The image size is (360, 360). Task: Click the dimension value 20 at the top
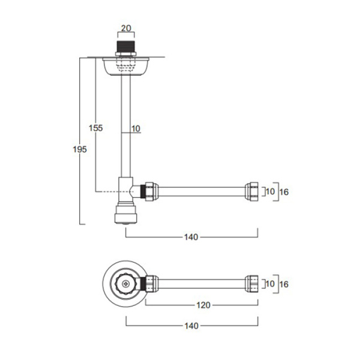click(x=126, y=28)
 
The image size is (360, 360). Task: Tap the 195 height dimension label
click(x=80, y=149)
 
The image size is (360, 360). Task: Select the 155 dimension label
click(x=96, y=128)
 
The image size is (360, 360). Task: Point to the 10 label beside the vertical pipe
click(x=136, y=128)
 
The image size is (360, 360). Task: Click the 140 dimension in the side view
click(x=191, y=237)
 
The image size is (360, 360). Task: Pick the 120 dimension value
click(x=203, y=305)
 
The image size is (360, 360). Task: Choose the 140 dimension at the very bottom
click(x=191, y=326)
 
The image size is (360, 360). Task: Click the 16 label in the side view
click(x=284, y=192)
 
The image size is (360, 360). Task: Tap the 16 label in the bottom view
click(x=284, y=284)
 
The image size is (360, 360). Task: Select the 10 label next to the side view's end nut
click(x=270, y=191)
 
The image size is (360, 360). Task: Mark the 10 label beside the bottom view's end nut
click(x=270, y=284)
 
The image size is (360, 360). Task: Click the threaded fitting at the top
click(x=125, y=49)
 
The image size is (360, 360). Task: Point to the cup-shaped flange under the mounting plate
click(x=125, y=67)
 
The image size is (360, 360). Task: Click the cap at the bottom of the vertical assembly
click(x=125, y=215)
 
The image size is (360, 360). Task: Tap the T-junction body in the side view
click(x=125, y=191)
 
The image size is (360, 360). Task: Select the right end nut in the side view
click(x=251, y=192)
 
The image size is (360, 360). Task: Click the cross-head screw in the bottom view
click(x=125, y=284)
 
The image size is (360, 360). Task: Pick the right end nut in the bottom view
click(x=251, y=284)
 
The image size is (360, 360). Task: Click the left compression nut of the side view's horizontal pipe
click(x=152, y=192)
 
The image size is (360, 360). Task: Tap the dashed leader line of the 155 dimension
click(x=107, y=192)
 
